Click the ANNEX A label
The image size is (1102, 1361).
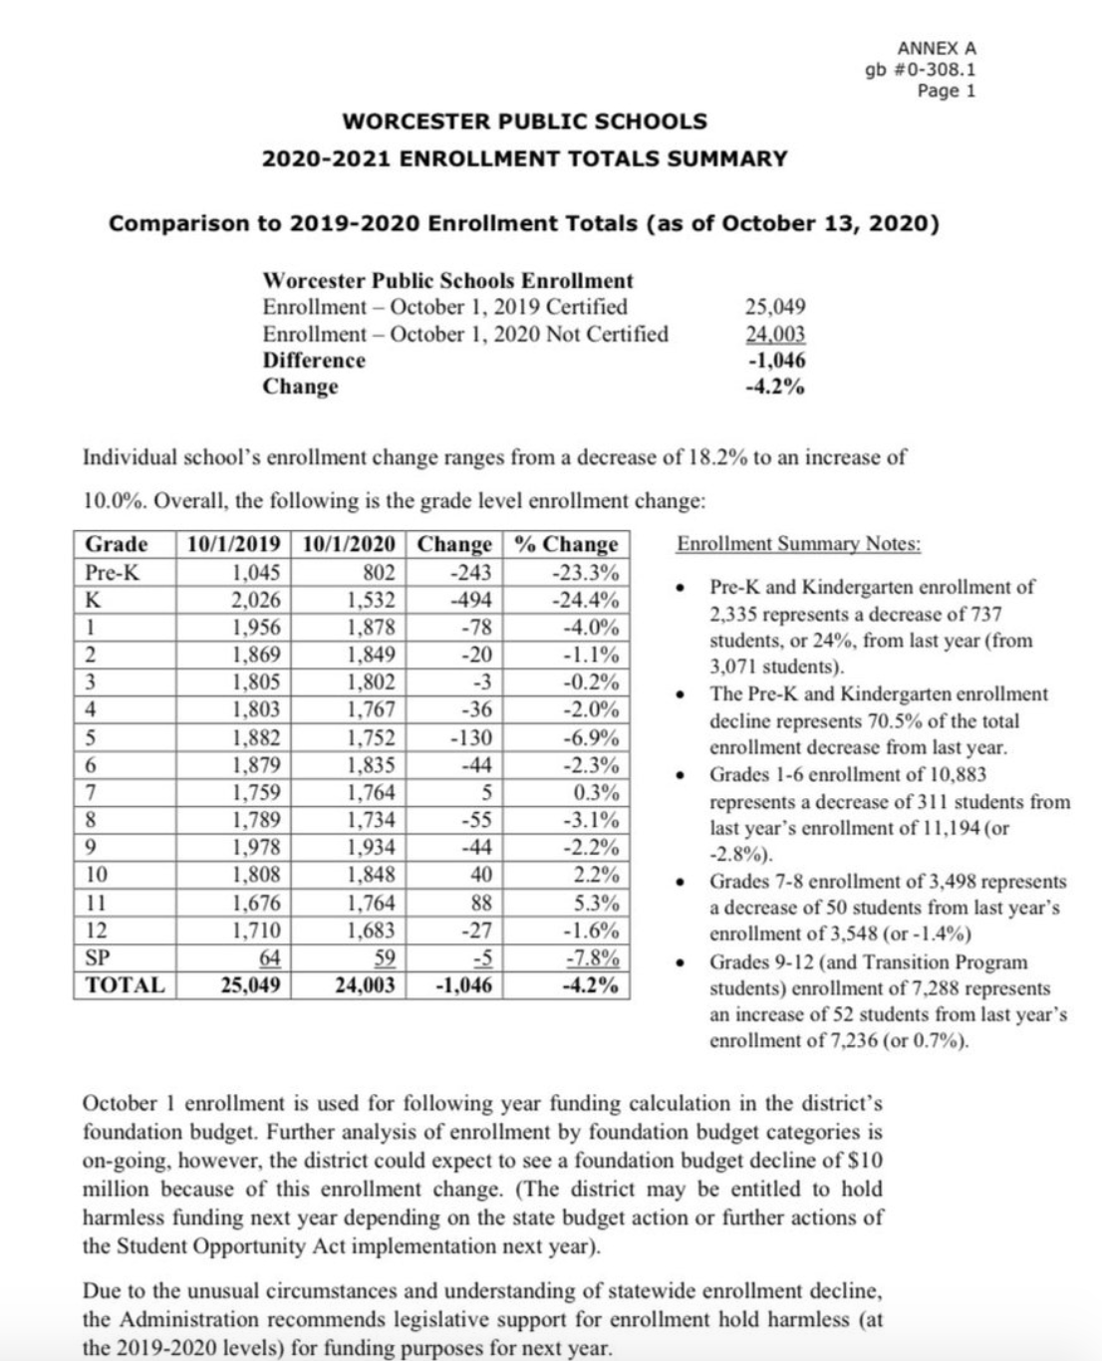937,48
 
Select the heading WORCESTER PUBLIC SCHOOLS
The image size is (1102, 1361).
524,122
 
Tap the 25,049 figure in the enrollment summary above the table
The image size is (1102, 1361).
775,307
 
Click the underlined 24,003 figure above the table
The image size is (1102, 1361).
775,334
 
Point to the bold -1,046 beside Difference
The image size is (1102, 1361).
776,360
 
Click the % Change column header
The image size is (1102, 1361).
567,544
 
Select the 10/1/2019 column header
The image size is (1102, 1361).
233,544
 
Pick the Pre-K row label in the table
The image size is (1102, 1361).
112,573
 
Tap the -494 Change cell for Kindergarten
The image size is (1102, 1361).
470,600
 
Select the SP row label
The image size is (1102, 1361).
98,957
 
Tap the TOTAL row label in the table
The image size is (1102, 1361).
125,985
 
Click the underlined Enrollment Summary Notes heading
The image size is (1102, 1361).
799,544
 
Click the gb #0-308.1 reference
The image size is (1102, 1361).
921,70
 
